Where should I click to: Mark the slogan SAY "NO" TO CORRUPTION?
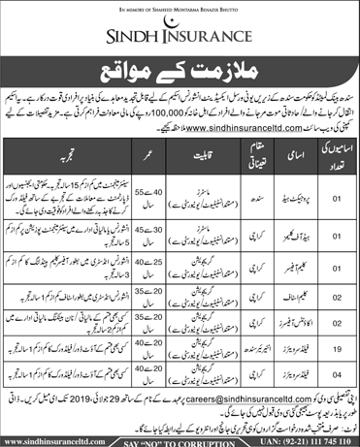coord(180,440)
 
